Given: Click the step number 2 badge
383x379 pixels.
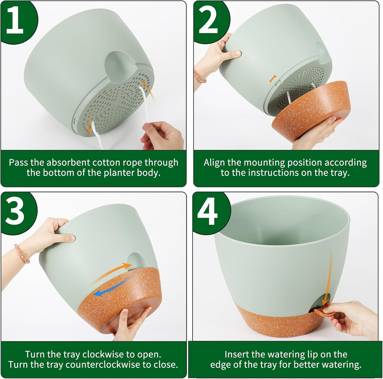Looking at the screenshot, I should coord(209,21).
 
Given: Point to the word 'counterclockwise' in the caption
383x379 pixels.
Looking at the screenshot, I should coord(116,364).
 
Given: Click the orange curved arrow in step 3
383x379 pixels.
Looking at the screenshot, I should coord(112,272).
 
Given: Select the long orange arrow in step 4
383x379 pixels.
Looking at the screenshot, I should coord(329,277).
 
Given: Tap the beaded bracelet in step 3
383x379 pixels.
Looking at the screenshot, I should coord(22,254).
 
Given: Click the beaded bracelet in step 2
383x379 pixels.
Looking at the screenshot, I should coord(199,77).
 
